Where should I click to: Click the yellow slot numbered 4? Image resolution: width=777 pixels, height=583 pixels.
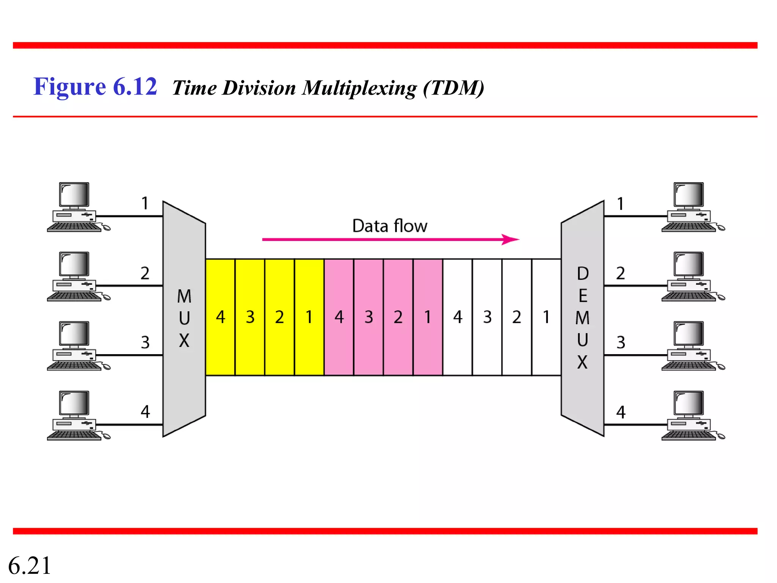(x=220, y=317)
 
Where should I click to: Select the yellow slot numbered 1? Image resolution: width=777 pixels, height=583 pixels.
(x=309, y=317)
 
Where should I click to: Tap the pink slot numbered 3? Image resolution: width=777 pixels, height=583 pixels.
(x=368, y=317)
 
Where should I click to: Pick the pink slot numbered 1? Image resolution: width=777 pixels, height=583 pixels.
(x=428, y=317)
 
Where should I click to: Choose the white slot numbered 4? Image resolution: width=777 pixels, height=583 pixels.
(x=458, y=317)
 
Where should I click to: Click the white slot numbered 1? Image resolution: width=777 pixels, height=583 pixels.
(x=546, y=317)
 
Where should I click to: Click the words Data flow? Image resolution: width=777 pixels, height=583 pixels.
(x=390, y=226)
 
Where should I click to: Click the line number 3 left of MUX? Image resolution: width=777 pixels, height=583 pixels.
(x=145, y=343)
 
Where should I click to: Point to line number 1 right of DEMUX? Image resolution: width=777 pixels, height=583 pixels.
(x=620, y=204)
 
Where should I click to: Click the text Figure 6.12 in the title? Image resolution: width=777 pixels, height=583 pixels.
(x=95, y=87)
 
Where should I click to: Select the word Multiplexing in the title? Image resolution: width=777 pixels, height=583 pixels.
(x=359, y=88)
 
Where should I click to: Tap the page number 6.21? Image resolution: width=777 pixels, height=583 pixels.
(x=30, y=566)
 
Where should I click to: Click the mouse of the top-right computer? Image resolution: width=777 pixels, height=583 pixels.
(x=721, y=228)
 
